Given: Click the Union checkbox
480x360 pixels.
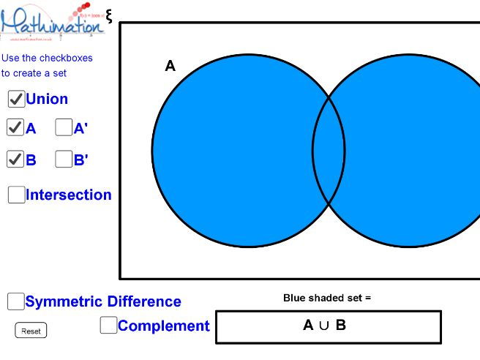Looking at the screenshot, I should (16, 99).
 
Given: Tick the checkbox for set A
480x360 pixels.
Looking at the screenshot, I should (15, 128).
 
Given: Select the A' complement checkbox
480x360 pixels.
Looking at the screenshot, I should (64, 128).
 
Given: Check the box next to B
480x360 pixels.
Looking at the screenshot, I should (15, 159).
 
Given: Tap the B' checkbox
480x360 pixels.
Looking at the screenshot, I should (64, 159).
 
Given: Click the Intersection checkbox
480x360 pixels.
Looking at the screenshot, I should (16, 195).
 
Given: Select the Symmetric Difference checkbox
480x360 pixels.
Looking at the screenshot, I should (15, 301).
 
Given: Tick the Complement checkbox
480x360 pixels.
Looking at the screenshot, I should (108, 326).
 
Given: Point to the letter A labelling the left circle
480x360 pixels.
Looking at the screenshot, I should (170, 67).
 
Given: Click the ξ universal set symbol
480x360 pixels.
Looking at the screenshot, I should (109, 15).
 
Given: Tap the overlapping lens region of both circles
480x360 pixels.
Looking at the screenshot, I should (329, 151).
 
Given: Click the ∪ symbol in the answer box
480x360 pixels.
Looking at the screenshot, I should (324, 326).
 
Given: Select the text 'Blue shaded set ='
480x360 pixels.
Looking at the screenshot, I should (327, 298).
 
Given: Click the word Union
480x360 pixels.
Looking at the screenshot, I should (47, 99).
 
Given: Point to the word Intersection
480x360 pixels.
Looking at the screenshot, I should (69, 195).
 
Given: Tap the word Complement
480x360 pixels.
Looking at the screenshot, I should (163, 326).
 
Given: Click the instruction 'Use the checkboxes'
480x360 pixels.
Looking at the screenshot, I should (47, 58).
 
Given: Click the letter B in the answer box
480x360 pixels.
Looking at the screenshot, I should (341, 326).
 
